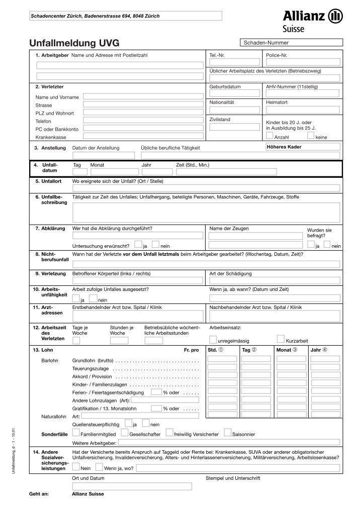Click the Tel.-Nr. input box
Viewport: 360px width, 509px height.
[234, 62]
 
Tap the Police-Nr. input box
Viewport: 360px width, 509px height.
[291, 62]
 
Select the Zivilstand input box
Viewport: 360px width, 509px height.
[234, 127]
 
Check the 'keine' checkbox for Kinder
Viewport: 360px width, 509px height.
[310, 135]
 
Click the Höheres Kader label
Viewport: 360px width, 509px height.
[284, 146]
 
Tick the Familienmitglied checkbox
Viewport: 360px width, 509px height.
[76, 432]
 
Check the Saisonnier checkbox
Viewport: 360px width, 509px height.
[228, 432]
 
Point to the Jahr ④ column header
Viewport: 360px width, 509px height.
[319, 349]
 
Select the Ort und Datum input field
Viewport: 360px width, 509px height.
[132, 486]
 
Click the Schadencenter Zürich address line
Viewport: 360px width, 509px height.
[96, 16]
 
